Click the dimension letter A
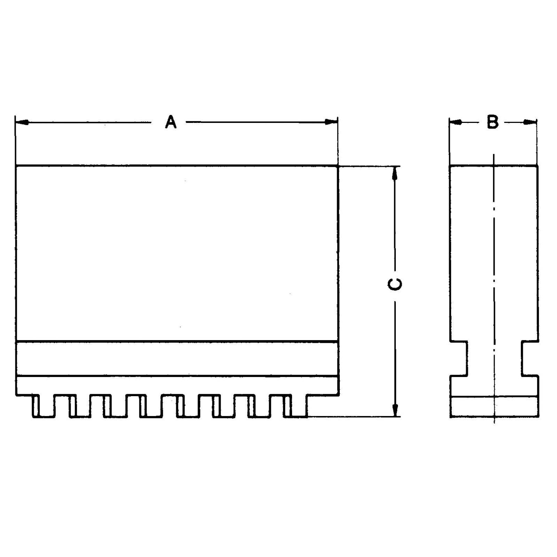click(171, 123)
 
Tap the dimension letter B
click(493, 122)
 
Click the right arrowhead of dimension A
click(331, 122)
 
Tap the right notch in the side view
click(530, 359)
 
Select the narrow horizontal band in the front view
click(177, 359)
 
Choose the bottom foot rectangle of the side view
click(494, 407)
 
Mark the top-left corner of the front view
click(16, 166)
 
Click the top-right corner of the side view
click(538, 166)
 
